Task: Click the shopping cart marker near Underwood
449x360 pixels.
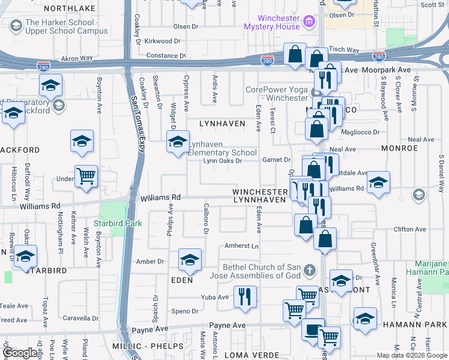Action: click(86, 176)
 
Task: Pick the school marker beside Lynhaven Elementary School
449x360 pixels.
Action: click(178, 143)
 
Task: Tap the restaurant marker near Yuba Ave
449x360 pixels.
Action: click(245, 296)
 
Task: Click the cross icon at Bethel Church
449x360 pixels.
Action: click(309, 269)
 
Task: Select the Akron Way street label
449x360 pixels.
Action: click(77, 59)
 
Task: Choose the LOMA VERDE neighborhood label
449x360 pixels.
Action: click(249, 355)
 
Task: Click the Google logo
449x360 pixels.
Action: click(20, 353)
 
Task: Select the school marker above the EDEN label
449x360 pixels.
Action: click(190, 260)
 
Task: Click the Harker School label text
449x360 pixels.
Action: click(67, 26)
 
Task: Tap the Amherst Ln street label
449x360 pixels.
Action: click(241, 247)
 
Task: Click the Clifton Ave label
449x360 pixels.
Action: click(410, 229)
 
